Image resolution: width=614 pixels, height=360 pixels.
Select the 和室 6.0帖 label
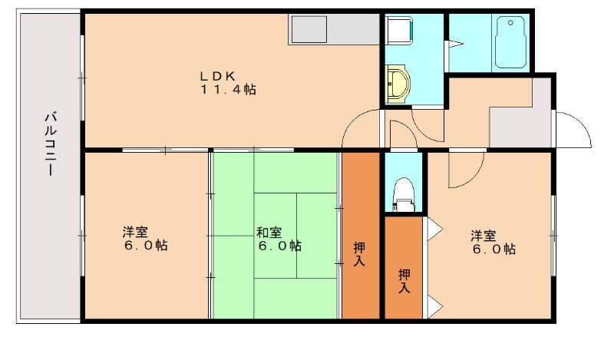pyautogui.click(x=279, y=239)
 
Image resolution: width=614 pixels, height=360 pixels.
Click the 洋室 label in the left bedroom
pyautogui.click(x=145, y=239)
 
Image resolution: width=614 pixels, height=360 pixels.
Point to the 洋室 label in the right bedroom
pyautogui.click(x=492, y=242)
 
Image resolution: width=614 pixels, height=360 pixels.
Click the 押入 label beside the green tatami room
pyautogui.click(x=360, y=254)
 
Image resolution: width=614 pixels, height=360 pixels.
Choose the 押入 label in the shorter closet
pyautogui.click(x=404, y=281)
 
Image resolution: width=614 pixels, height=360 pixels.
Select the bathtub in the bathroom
pyautogui.click(x=508, y=43)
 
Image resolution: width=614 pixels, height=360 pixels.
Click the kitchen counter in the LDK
pyautogui.click(x=334, y=30)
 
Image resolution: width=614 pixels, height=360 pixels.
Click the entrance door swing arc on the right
pyautogui.click(x=574, y=129)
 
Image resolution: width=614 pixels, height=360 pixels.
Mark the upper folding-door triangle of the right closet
pyautogui.click(x=433, y=228)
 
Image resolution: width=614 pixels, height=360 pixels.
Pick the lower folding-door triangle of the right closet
pyautogui.click(x=433, y=307)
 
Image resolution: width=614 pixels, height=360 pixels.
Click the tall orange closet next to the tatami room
pyautogui.click(x=361, y=234)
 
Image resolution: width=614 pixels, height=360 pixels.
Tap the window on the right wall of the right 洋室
pyautogui.click(x=553, y=233)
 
